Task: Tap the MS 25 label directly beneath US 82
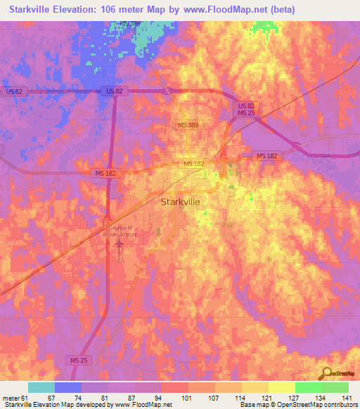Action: coord(245,113)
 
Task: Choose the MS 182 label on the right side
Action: coord(266,155)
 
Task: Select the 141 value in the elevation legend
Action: coord(348,397)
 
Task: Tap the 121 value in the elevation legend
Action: coord(268,397)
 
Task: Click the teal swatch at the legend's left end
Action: coord(41,387)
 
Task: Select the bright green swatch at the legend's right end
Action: coord(335,387)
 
